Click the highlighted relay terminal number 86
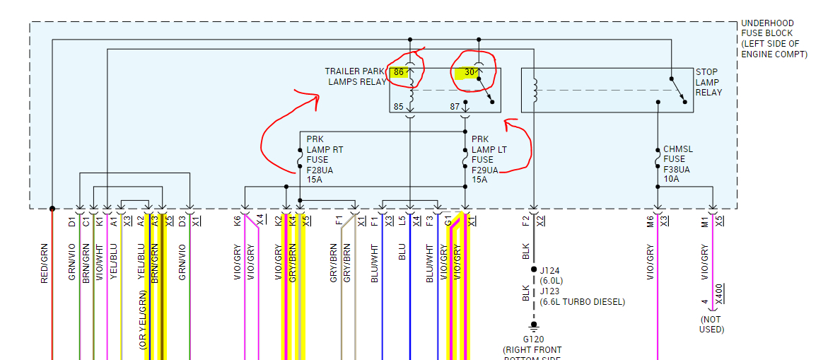point(399,71)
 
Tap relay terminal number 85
point(399,107)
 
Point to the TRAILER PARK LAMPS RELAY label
point(356,76)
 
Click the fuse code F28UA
point(321,170)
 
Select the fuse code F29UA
point(486,170)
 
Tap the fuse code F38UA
point(677,169)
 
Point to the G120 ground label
point(534,339)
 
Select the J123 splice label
point(552,291)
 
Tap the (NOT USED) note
point(712,324)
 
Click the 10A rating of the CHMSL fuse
point(671,179)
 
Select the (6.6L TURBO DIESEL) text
point(583,302)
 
